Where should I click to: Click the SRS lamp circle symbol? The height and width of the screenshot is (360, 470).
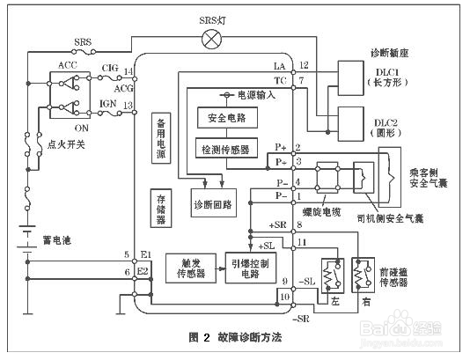210,38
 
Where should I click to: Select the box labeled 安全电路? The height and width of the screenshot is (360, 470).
226,117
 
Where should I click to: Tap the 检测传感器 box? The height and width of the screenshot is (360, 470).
226,148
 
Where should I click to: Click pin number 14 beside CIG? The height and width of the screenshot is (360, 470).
129,70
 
